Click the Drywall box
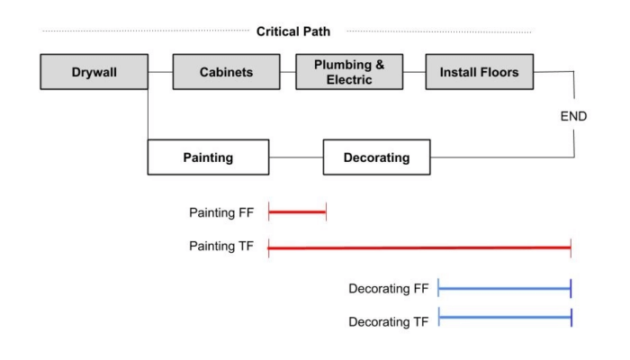pyautogui.click(x=94, y=72)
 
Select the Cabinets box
pyautogui.click(x=225, y=72)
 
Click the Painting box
pyautogui.click(x=209, y=157)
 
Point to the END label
pyautogui.click(x=573, y=116)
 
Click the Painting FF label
pyautogui.click(x=221, y=212)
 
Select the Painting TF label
pyautogui.click(x=221, y=245)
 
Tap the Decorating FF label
pyautogui.click(x=388, y=289)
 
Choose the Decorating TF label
pyautogui.click(x=388, y=320)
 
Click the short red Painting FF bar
pyautogui.click(x=297, y=212)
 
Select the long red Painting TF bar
pyautogui.click(x=419, y=245)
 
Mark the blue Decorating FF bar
pyautogui.click(x=504, y=288)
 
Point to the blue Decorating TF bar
pyautogui.click(x=504, y=319)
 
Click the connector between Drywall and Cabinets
pyautogui.click(x=160, y=72)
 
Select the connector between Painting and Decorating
pyautogui.click(x=296, y=157)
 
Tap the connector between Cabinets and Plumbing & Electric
pyautogui.click(x=287, y=72)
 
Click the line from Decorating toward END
pyautogui.click(x=504, y=157)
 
